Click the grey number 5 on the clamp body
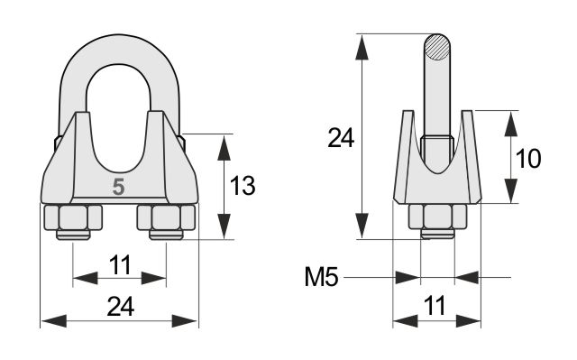[118, 187]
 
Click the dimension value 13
[243, 186]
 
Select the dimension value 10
[528, 159]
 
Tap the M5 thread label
[321, 277]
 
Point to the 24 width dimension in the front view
[120, 308]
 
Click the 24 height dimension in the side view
[341, 138]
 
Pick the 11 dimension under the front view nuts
[120, 265]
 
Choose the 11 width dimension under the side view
[435, 306]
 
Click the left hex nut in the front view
[73, 217]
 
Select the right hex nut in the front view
[166, 217]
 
